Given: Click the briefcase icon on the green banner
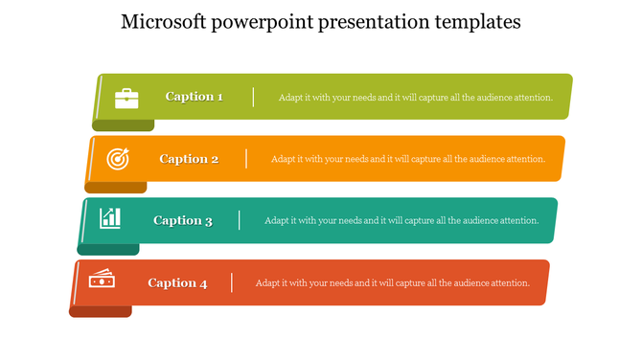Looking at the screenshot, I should coord(126,97).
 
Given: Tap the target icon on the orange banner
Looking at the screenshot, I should coord(118,159).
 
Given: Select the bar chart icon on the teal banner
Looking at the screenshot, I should coord(111,219).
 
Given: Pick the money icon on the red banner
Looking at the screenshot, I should coord(102,281).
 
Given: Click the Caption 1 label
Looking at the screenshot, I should coord(195,97).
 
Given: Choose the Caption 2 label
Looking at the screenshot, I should coord(189,159).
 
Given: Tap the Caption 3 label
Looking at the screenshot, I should coord(183,220).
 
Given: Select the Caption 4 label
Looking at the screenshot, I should coord(177,282).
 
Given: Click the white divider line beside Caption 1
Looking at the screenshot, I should coord(253,97).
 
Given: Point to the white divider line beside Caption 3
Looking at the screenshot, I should coord(240,220).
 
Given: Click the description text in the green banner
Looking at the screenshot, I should coord(415,98).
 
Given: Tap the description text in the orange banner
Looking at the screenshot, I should coord(408,159).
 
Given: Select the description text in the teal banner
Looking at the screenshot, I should coord(401,220).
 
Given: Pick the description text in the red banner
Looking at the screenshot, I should coord(393,282).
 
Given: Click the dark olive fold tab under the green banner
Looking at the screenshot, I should coord(123,125).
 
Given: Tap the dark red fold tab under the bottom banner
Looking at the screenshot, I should coord(101,311).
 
